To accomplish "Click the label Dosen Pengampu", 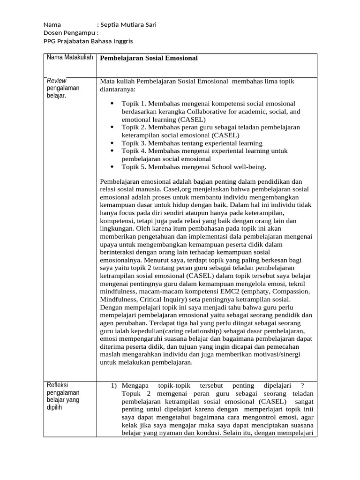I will point(70,33).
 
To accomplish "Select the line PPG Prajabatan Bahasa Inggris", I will point(88,41).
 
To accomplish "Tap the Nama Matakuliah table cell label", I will point(69,57).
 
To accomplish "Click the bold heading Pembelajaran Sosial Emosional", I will point(149,58).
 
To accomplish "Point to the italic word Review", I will point(56,81).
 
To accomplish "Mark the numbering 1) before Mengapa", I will point(113,385).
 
